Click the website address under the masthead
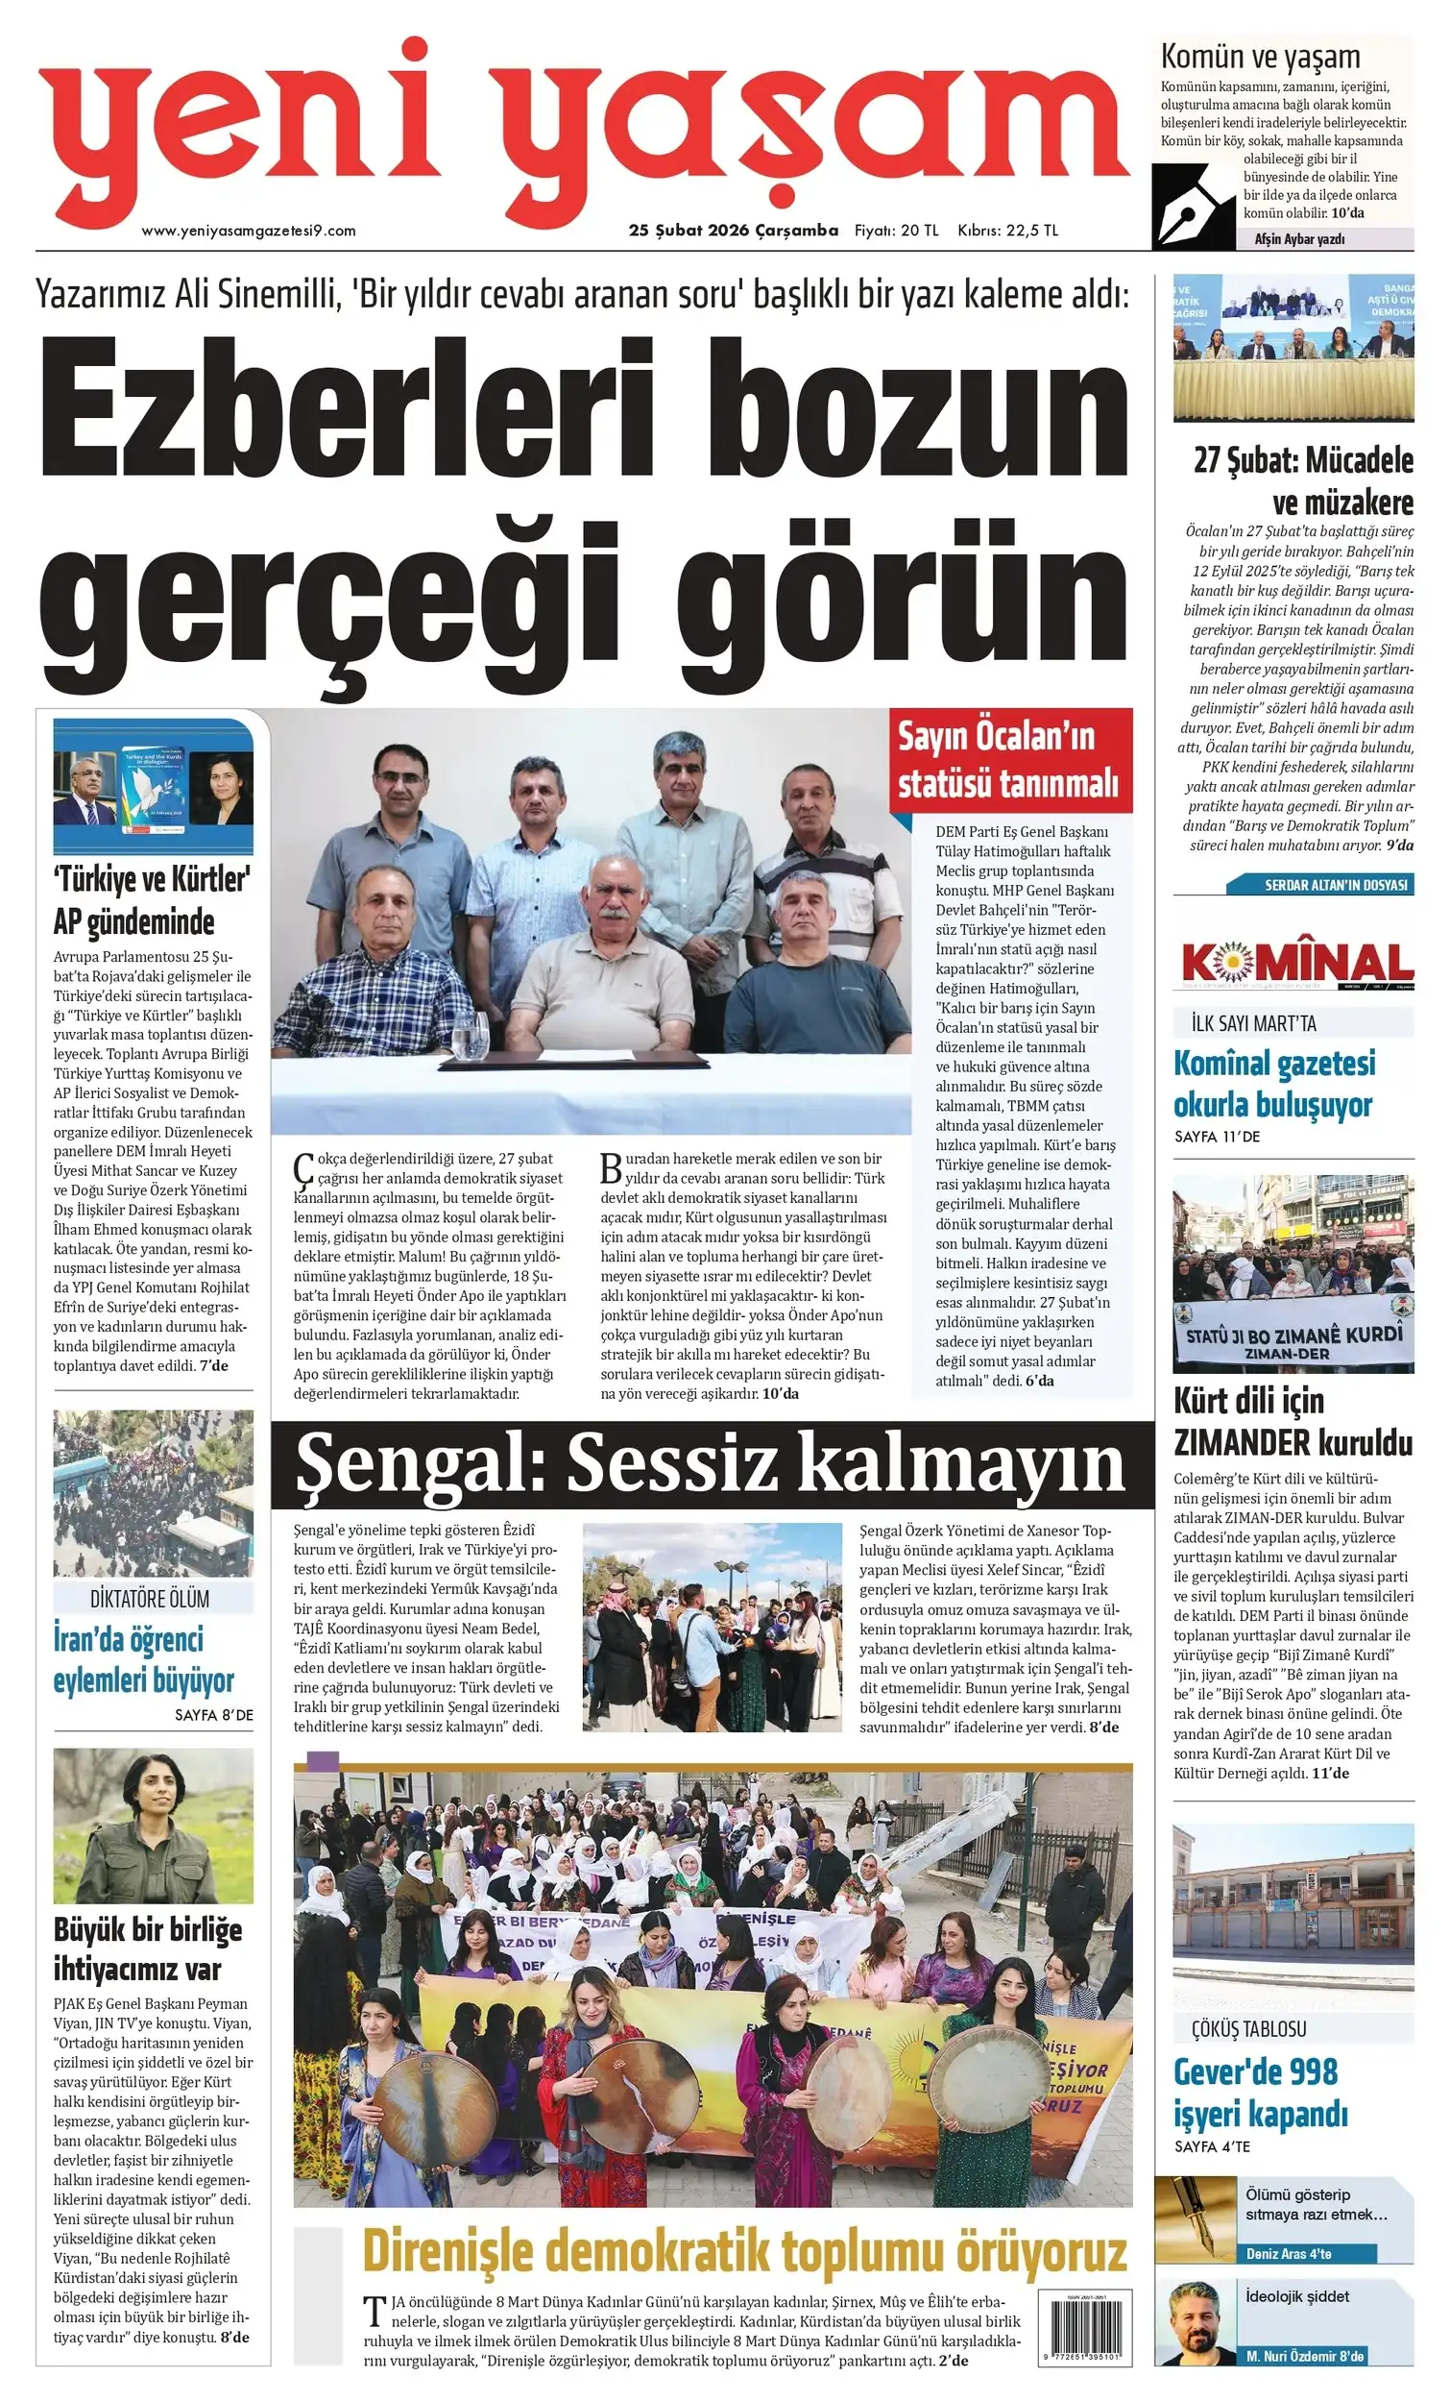click(249, 231)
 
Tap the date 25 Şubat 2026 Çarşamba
click(733, 230)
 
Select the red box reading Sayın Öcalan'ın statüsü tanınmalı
click(1009, 761)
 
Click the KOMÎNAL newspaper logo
click(1297, 963)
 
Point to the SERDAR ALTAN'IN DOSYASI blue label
click(1334, 885)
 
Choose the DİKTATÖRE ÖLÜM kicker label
click(149, 1599)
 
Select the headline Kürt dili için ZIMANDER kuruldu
click(1293, 1420)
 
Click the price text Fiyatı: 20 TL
click(896, 231)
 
